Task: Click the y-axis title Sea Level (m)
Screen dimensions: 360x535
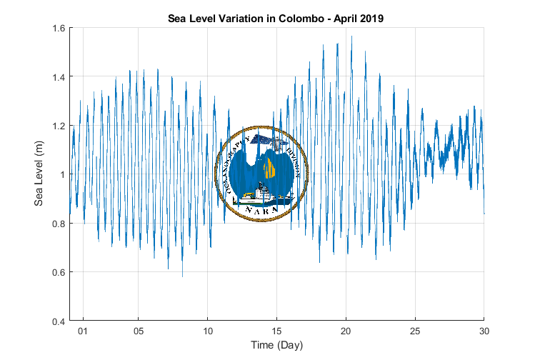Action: (40, 174)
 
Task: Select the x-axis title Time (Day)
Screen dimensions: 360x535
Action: (276, 346)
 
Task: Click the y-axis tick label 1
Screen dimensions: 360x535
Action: (61, 174)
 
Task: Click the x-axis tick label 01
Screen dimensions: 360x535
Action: (84, 331)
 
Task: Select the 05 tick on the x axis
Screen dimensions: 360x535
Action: (139, 331)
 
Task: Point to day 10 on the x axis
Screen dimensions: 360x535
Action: (208, 331)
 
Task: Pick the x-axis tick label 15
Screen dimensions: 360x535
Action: (276, 331)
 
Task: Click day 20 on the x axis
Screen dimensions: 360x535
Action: (346, 331)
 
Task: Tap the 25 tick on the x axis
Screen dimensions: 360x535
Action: (415, 331)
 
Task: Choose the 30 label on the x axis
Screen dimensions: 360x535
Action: (484, 331)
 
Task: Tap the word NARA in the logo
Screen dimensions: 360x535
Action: (261, 211)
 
